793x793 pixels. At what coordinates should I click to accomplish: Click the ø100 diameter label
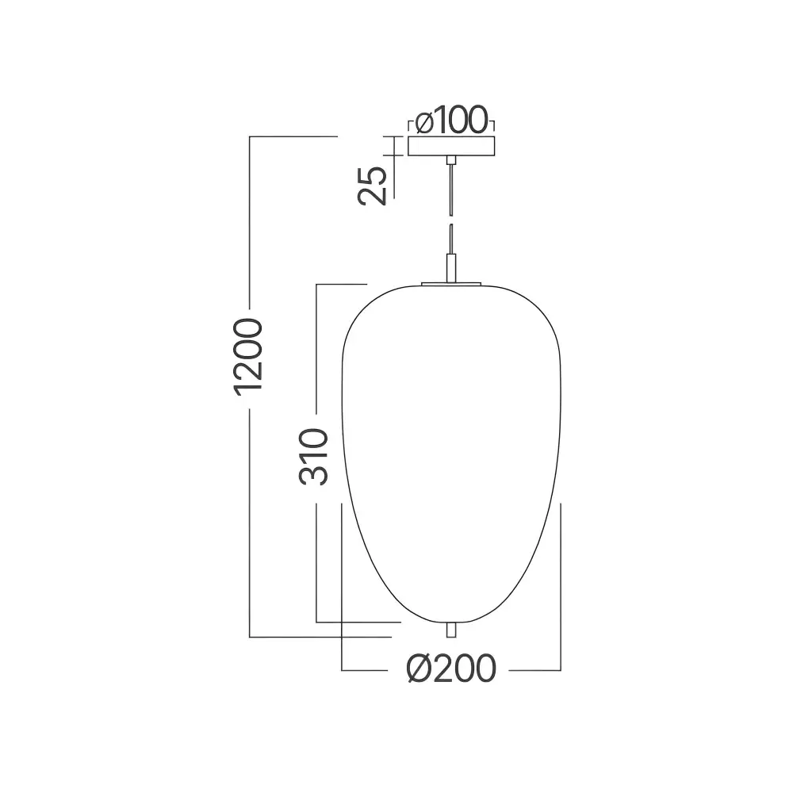point(451,121)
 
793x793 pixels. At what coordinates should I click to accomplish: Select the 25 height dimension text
point(373,186)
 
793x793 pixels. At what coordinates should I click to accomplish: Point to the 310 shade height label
point(313,457)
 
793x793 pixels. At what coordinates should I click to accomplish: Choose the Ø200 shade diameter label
point(451,668)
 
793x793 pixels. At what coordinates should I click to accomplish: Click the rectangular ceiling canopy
point(451,146)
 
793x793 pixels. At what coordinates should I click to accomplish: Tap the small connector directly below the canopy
point(451,160)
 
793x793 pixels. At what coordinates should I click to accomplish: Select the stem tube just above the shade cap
point(451,268)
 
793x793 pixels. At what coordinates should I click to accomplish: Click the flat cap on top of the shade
point(451,284)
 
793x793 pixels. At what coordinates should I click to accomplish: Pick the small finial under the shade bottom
point(451,630)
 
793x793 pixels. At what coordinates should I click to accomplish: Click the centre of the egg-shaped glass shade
point(451,454)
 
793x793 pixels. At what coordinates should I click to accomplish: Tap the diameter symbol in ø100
point(424,122)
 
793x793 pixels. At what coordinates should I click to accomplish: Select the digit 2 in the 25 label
point(373,196)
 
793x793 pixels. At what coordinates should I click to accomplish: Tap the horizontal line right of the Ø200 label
point(534,670)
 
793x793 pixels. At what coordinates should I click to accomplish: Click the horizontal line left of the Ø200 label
point(365,670)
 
